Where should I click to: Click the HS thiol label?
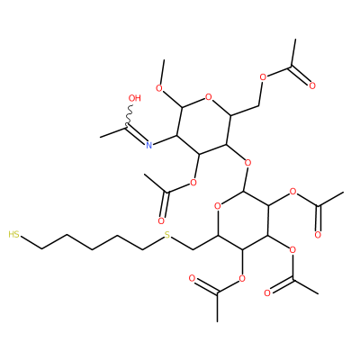13,234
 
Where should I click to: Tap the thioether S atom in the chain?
167,235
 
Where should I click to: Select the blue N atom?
148,146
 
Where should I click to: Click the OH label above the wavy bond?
134,98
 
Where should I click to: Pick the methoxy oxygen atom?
159,88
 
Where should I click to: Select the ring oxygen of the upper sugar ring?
209,97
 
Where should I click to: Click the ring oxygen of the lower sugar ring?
218,206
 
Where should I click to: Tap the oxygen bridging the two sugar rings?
247,163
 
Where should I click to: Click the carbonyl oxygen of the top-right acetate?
312,86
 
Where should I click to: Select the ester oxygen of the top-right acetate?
263,77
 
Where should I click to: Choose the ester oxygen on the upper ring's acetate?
193,182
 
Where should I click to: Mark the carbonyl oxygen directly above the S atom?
161,221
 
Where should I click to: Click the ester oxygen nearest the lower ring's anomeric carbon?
293,192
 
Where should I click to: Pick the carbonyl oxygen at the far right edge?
318,235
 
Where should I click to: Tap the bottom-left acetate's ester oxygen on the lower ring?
241,279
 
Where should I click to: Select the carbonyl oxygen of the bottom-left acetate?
193,278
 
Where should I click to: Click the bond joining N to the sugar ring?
165,140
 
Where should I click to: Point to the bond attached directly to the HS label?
31,242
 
